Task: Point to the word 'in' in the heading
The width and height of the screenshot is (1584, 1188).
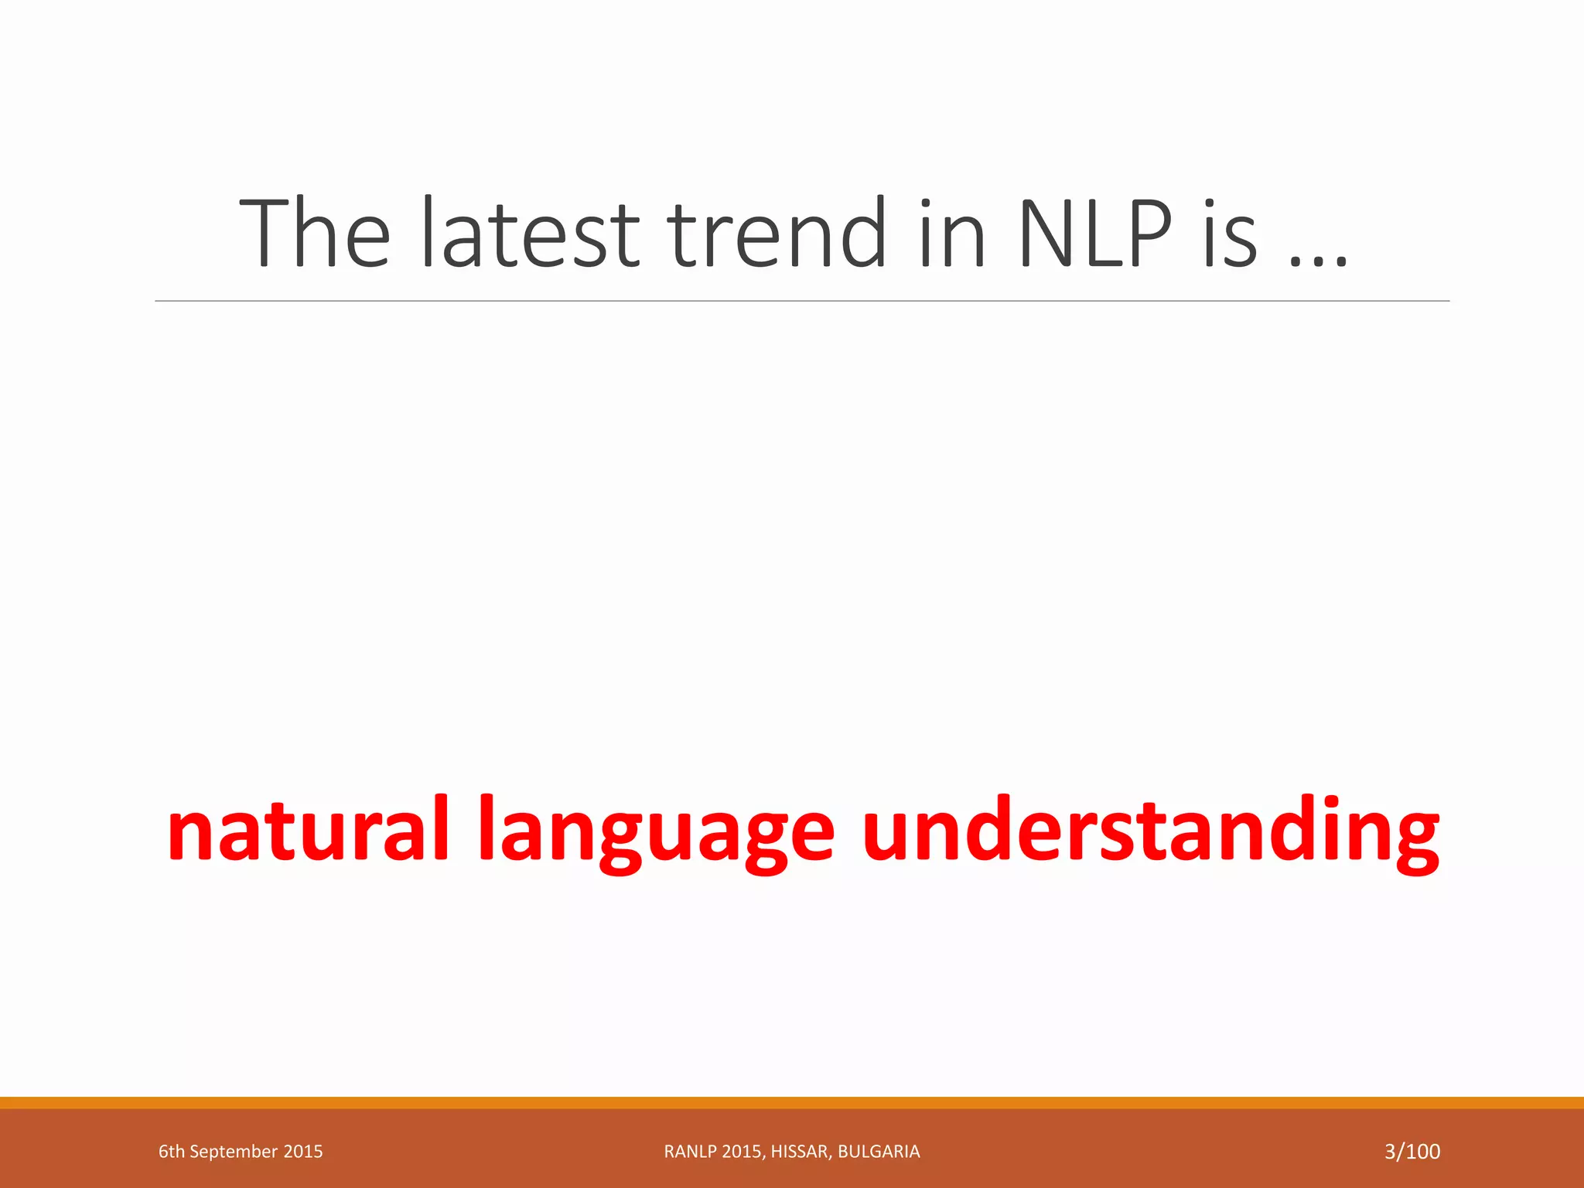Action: [x=952, y=234]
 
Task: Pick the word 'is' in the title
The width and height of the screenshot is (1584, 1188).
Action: [x=1231, y=234]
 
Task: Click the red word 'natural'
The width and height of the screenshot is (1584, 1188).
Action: [x=308, y=829]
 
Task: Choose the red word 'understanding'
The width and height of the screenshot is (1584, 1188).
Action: [x=1150, y=829]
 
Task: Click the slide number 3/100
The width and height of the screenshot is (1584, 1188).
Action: [x=1412, y=1152]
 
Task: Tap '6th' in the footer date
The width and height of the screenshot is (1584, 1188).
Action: [x=171, y=1152]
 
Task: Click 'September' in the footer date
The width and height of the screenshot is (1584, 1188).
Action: [x=234, y=1152]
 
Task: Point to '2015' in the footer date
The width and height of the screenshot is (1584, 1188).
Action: [x=303, y=1152]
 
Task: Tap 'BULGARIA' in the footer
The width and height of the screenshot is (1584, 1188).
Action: [x=879, y=1152]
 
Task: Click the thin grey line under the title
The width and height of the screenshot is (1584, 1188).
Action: [x=801, y=301]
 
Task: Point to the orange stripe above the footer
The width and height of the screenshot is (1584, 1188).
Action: [x=792, y=1102]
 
